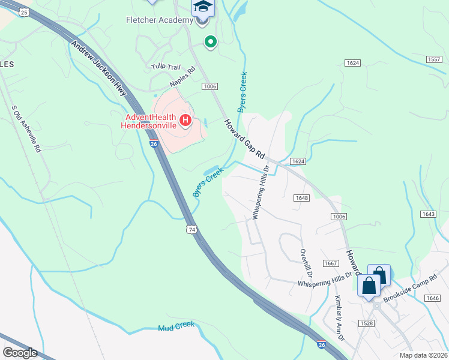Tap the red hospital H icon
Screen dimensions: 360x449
185,121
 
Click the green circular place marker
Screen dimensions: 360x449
210,42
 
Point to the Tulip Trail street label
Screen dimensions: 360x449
166,66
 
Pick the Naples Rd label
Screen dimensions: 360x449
183,77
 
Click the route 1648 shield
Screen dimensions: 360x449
301,198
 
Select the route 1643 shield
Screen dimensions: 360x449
428,214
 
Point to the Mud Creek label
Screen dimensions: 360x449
176,326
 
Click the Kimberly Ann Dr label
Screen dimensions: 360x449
340,318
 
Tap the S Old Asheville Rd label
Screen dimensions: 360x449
26,130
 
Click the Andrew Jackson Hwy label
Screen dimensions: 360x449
100,68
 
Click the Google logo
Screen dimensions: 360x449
20,352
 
